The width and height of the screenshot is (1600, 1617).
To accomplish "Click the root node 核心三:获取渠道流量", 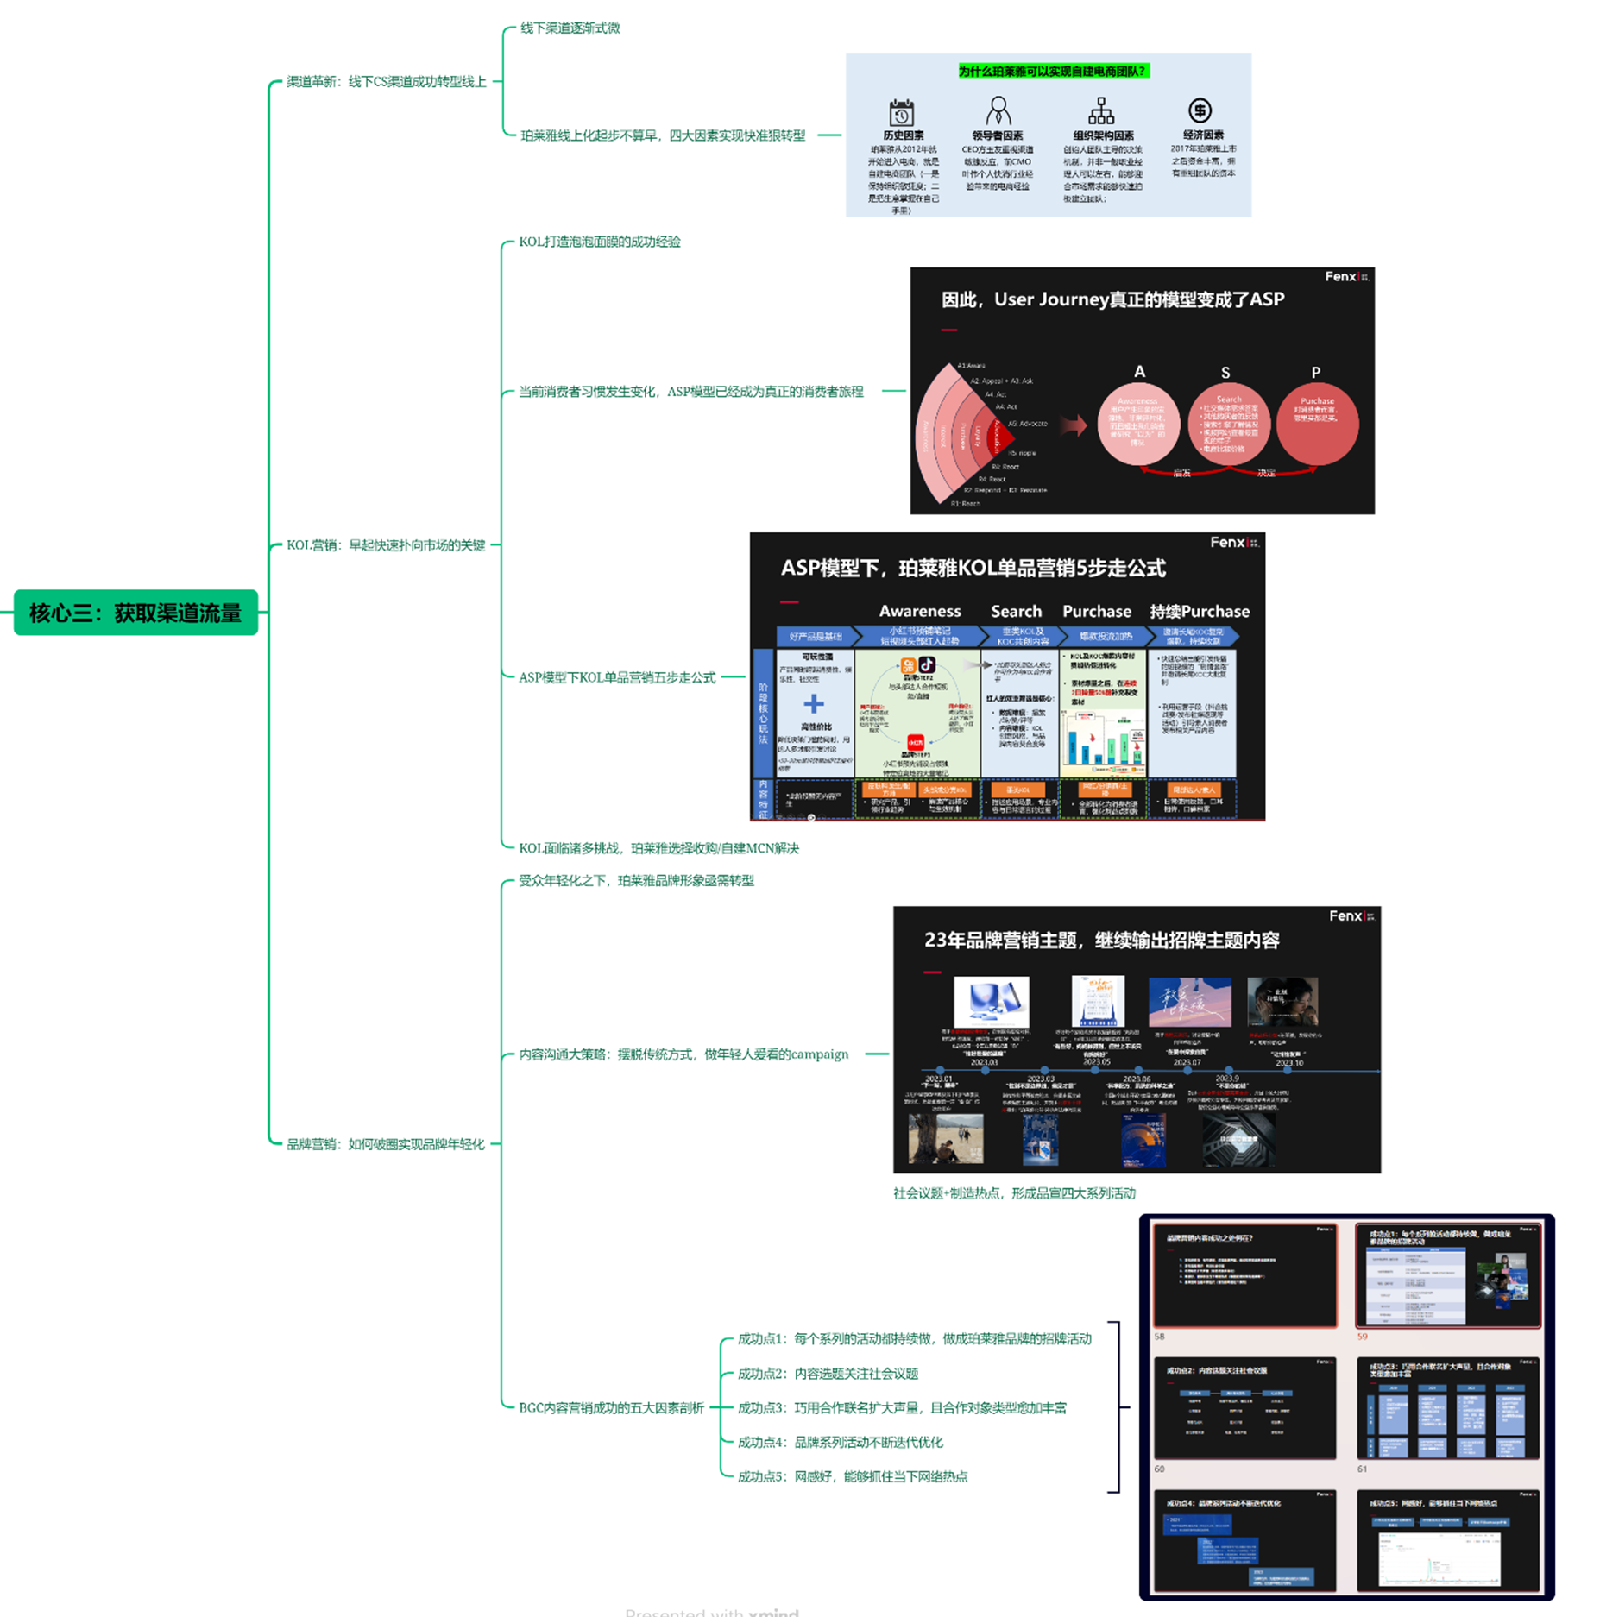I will click(x=135, y=613).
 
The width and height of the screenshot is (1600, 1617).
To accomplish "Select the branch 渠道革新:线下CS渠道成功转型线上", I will click(x=386, y=82).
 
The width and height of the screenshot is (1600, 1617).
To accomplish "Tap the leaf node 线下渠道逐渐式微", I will click(x=570, y=28).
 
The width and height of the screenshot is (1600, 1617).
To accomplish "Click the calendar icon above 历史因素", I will click(x=901, y=113).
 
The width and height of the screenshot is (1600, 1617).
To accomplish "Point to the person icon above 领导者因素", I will click(x=998, y=111).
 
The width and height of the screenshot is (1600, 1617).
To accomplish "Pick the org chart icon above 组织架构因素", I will click(x=1100, y=111).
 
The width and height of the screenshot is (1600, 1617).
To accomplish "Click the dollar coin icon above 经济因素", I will click(x=1200, y=110).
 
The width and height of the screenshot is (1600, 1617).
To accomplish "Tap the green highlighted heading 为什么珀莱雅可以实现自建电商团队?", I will click(x=1052, y=72).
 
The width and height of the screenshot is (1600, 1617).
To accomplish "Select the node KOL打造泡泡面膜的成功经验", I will click(x=599, y=242).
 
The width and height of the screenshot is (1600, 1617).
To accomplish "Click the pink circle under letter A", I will click(x=1138, y=424).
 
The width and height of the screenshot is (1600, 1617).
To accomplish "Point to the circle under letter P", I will click(x=1317, y=424).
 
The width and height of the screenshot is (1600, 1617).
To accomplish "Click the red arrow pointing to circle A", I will click(x=1073, y=425).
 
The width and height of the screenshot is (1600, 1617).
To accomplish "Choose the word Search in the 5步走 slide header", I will click(x=1016, y=612).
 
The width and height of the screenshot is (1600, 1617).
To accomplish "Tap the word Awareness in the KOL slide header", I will click(x=919, y=612).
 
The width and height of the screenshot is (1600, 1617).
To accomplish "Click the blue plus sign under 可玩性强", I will click(x=813, y=704).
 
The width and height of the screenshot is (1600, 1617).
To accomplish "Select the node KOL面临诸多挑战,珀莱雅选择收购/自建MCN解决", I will click(x=658, y=849).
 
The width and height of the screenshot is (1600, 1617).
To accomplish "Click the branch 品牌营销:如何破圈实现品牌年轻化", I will click(x=385, y=1145).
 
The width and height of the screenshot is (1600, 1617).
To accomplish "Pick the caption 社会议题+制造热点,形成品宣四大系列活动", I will click(x=1014, y=1194).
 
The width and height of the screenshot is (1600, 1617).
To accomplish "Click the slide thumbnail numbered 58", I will click(x=1244, y=1275).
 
